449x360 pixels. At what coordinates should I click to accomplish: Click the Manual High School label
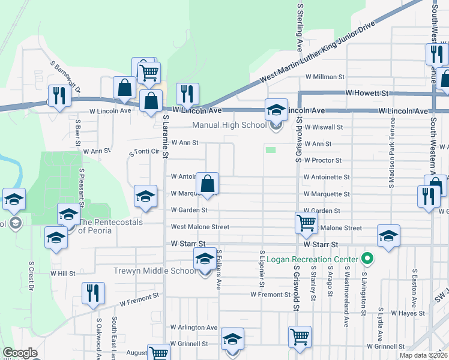[229, 125]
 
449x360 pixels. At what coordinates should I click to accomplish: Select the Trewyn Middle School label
[155, 271]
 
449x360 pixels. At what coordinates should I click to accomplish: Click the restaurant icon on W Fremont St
[92, 293]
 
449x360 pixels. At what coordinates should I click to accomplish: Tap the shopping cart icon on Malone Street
[306, 223]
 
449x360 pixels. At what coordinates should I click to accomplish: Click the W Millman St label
[324, 77]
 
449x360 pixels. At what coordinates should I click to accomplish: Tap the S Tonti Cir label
[144, 153]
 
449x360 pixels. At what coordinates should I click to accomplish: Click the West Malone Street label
[200, 227]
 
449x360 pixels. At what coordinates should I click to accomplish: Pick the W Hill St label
[63, 273]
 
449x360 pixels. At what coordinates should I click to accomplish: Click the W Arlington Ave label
[194, 328]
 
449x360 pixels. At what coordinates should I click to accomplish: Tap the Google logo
[19, 353]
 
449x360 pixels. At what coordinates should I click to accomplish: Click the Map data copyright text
[423, 355]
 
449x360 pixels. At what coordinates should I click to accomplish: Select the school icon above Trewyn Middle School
[204, 260]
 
